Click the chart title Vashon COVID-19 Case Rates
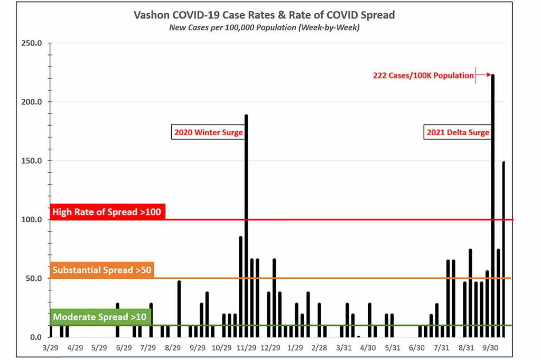point(264,15)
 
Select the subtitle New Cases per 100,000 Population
point(264,27)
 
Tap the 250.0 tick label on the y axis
point(32,43)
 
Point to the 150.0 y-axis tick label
point(32,160)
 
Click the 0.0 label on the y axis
point(35,337)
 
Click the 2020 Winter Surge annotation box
point(208,132)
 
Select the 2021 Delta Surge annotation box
point(458,132)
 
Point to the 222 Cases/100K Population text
point(423,75)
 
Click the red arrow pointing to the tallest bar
point(483,75)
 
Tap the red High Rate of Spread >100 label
point(108,212)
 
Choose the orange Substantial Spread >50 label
point(101,270)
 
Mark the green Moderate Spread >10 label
point(100,317)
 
